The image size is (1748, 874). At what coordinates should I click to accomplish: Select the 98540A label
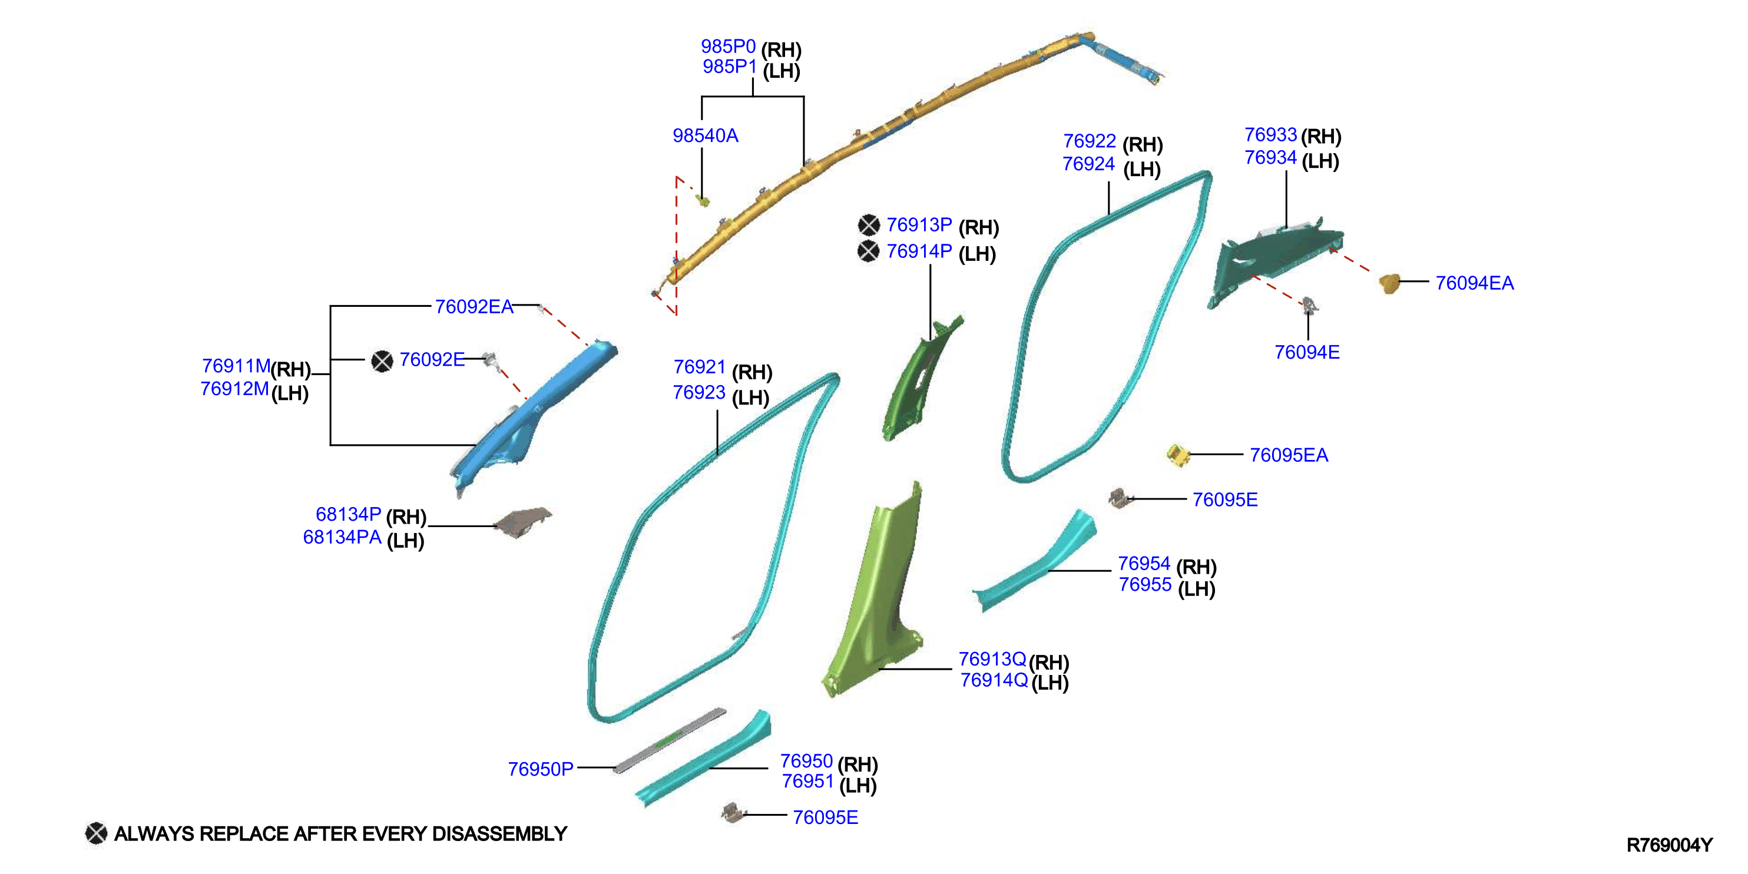coord(705,135)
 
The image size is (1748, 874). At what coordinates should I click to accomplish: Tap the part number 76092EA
coord(474,307)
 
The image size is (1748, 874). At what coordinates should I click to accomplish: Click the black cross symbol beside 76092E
coord(382,361)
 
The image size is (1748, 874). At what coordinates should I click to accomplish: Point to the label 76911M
coord(236,366)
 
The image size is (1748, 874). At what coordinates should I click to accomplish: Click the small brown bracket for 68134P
coord(522,522)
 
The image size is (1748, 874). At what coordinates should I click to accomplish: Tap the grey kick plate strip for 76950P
coord(670,740)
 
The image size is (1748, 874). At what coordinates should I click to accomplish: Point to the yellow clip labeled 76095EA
coord(1178,455)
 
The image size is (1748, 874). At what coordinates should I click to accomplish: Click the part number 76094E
coord(1307,352)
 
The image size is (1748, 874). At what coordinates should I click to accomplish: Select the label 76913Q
coord(992,659)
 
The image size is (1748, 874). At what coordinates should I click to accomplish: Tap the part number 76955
coord(1145,584)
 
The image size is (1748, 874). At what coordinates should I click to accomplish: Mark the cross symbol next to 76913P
coord(869,224)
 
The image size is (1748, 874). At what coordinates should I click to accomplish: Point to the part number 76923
coord(699,392)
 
